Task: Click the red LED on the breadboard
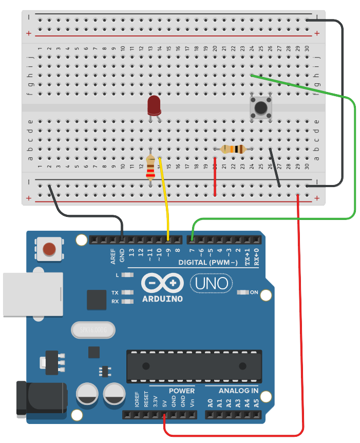[154, 105]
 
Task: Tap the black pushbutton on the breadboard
[261, 108]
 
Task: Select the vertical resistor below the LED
[150, 167]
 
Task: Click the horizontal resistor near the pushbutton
[233, 149]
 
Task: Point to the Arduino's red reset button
[49, 249]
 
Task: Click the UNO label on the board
[211, 283]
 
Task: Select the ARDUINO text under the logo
[162, 299]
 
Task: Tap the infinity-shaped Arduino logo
[162, 283]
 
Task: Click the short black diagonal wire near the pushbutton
[275, 168]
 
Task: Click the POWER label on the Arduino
[182, 391]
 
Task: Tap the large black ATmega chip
[194, 366]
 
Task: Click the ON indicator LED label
[254, 292]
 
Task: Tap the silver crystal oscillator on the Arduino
[92, 329]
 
